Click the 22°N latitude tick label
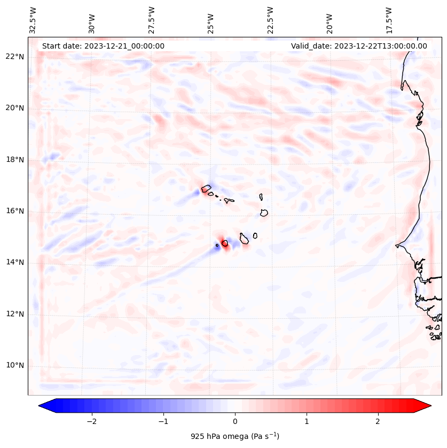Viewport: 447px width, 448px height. (15, 57)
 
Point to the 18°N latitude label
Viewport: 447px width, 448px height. (15, 160)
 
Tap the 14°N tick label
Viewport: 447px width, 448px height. (15, 263)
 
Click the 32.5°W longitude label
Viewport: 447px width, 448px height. (33, 20)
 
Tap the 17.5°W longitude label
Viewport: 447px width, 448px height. (389, 20)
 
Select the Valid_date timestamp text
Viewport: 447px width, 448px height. (359, 46)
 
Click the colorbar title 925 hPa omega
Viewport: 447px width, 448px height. (234, 436)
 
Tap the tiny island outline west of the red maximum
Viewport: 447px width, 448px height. (217, 246)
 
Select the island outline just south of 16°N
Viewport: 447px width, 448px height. (264, 213)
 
